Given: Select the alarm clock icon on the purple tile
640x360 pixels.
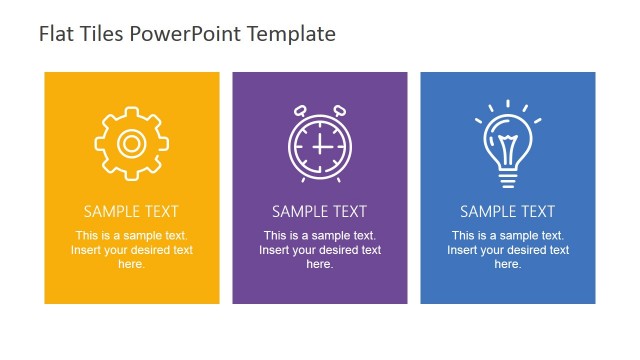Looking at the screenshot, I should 319,144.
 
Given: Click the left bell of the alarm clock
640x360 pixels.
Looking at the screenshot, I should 299,109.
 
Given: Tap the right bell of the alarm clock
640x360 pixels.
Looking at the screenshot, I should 339,109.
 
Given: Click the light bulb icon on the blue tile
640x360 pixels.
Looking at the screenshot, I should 507,144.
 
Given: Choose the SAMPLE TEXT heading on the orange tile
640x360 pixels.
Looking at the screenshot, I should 131,212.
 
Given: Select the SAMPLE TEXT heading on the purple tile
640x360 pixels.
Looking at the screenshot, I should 319,212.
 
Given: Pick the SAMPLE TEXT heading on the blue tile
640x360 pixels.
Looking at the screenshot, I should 507,212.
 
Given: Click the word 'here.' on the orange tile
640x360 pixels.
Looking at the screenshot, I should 131,264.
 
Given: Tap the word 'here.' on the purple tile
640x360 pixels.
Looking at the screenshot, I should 319,264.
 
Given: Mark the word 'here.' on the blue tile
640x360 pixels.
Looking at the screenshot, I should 507,264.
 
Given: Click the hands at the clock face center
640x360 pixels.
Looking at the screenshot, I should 320,146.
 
